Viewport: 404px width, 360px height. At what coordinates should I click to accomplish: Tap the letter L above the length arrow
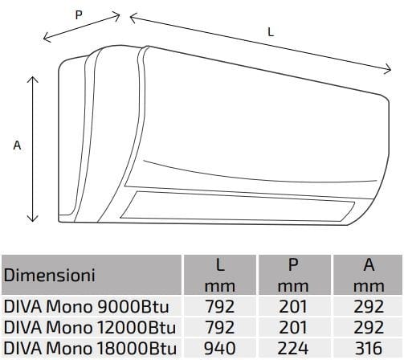pyautogui.click(x=270, y=31)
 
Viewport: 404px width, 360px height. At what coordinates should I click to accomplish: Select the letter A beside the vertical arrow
pyautogui.click(x=16, y=145)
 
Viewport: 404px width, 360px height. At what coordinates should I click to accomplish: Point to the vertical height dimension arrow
pyautogui.click(x=33, y=149)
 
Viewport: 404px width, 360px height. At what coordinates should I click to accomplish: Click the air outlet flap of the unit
pyautogui.click(x=241, y=203)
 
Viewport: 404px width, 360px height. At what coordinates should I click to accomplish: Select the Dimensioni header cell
pyautogui.click(x=50, y=275)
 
